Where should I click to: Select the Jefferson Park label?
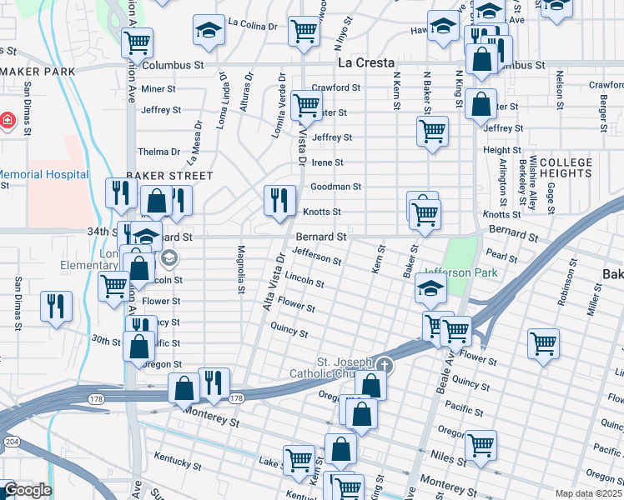pos(460,272)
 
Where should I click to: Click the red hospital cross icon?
pos(8,121)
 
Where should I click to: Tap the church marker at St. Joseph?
pos(384,365)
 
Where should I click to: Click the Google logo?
pos(27,490)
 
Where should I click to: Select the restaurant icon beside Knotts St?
pos(280,200)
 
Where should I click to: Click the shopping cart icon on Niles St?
pos(481,445)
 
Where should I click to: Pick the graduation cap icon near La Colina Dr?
pos(208,31)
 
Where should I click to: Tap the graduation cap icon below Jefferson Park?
pos(430,288)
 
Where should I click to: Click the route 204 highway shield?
pos(12,441)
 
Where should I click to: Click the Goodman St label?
pos(335,187)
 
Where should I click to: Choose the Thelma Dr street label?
pos(159,152)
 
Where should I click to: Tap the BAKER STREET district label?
pos(158,177)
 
